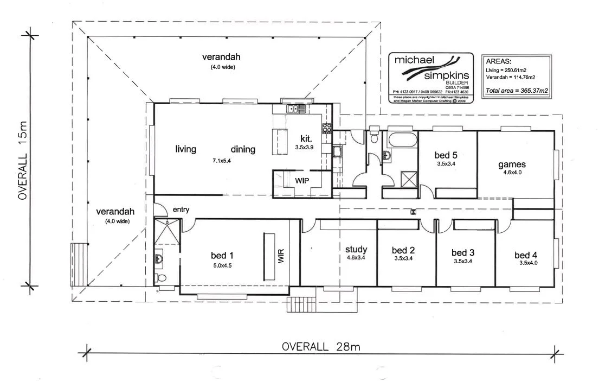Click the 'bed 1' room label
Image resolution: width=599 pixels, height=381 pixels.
222,255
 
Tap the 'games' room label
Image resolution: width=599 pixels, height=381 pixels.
512,164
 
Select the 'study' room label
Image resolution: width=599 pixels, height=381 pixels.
357,249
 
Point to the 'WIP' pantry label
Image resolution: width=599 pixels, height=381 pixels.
302,180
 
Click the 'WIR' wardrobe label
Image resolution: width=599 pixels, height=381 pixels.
280,255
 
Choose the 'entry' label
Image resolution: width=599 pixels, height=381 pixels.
181,209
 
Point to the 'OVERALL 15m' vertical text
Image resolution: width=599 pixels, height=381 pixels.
23,161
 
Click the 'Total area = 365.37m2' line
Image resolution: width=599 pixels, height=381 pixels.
510,91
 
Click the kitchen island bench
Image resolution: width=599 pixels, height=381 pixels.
281,142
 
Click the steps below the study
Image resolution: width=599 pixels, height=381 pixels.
301,304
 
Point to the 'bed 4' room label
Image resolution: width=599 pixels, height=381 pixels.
526,256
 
